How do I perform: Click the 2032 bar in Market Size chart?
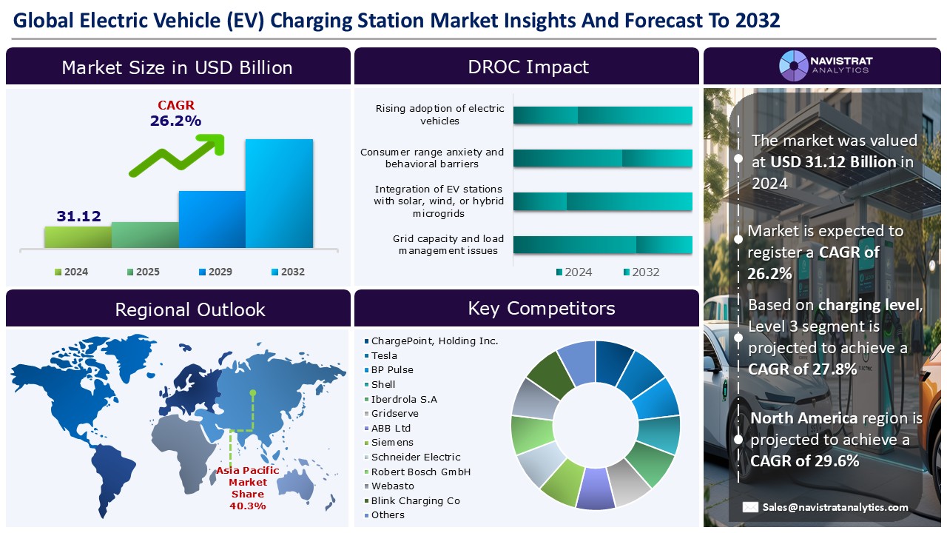(x=279, y=193)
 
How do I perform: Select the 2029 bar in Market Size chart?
(x=212, y=219)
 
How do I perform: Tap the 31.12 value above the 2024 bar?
(x=78, y=216)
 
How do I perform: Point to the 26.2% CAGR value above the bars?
(x=176, y=121)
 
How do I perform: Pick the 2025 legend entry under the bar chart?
(x=143, y=272)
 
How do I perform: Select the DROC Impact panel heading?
(x=528, y=67)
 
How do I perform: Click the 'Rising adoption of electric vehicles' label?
(x=439, y=115)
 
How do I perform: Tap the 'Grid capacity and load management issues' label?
(x=448, y=244)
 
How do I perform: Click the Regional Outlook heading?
(x=189, y=309)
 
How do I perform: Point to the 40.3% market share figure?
(x=248, y=506)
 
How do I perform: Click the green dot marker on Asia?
(x=253, y=392)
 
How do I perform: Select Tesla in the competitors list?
(x=383, y=355)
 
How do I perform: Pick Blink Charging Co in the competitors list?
(x=415, y=500)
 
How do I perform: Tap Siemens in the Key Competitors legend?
(x=392, y=443)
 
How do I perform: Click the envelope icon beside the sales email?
(x=750, y=507)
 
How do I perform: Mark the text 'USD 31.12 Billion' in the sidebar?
(x=833, y=161)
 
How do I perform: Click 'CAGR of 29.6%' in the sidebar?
(x=805, y=460)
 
